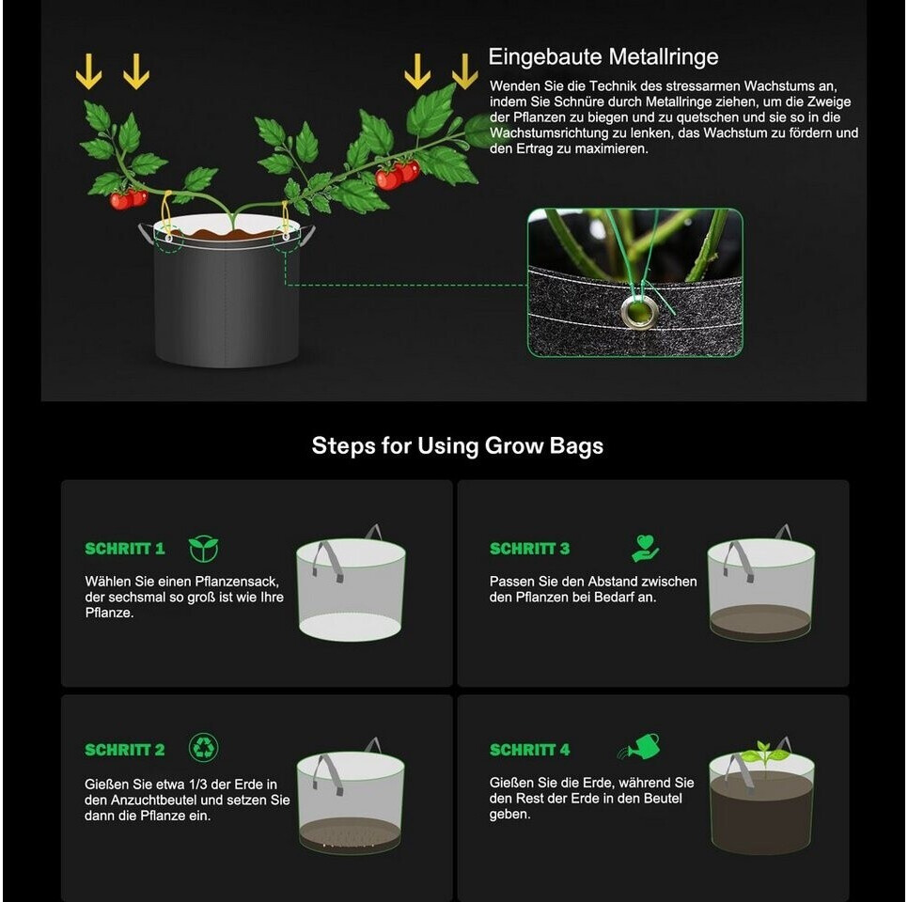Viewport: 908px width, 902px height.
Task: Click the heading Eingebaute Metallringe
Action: coord(603,56)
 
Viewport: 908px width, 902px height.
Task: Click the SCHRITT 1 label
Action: coord(124,549)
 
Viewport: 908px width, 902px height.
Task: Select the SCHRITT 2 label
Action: coord(124,750)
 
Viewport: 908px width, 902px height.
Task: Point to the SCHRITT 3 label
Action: coord(529,549)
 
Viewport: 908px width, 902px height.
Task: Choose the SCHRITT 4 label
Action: coord(529,750)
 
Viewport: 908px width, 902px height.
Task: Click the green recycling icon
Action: coord(204,747)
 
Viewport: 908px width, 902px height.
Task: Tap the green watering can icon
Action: coord(639,746)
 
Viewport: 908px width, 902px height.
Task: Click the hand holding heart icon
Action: coord(645,548)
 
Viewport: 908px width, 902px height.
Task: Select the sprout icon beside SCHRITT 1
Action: coord(204,549)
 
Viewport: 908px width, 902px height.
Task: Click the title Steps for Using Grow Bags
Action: coord(458,445)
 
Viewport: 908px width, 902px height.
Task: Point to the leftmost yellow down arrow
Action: coord(88,71)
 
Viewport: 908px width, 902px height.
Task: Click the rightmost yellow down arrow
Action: coord(464,71)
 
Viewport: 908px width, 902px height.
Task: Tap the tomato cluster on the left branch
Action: coord(129,199)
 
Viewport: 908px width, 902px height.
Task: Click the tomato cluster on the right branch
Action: coord(398,175)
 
